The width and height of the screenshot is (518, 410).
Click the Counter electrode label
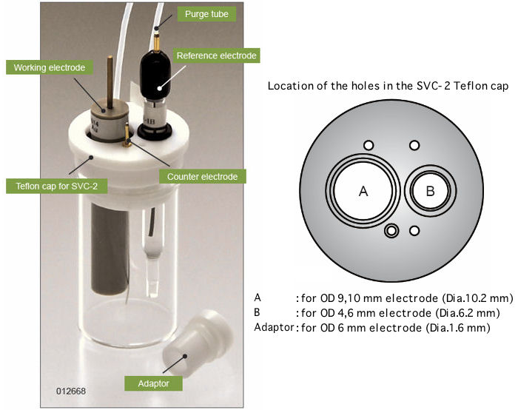click(202, 177)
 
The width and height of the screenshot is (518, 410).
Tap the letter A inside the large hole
click(363, 190)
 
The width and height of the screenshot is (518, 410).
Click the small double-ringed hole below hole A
click(391, 232)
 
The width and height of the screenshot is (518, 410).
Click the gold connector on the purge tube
click(157, 33)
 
